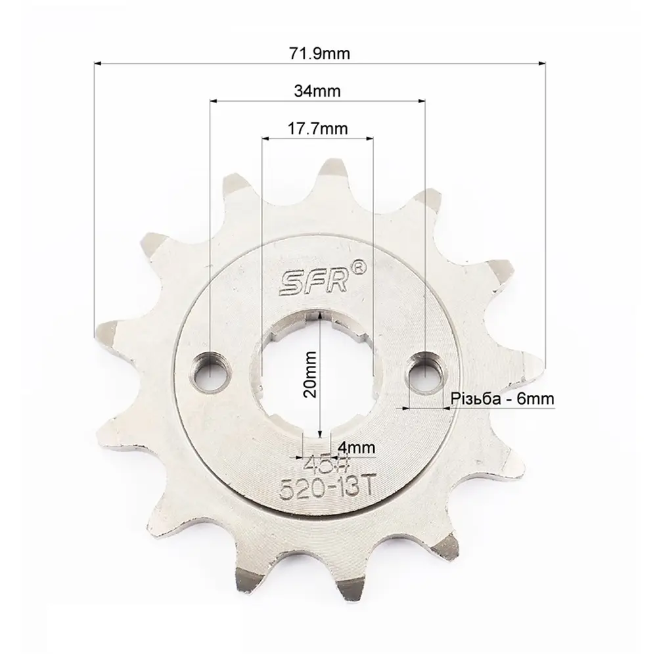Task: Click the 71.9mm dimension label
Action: click(x=319, y=54)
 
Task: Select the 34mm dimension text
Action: click(x=317, y=91)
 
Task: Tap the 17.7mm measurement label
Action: click(x=317, y=128)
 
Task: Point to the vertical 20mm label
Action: click(x=311, y=374)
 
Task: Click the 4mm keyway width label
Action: click(x=355, y=448)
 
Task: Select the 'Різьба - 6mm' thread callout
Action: click(x=503, y=399)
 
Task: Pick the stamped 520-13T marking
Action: click(x=326, y=488)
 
